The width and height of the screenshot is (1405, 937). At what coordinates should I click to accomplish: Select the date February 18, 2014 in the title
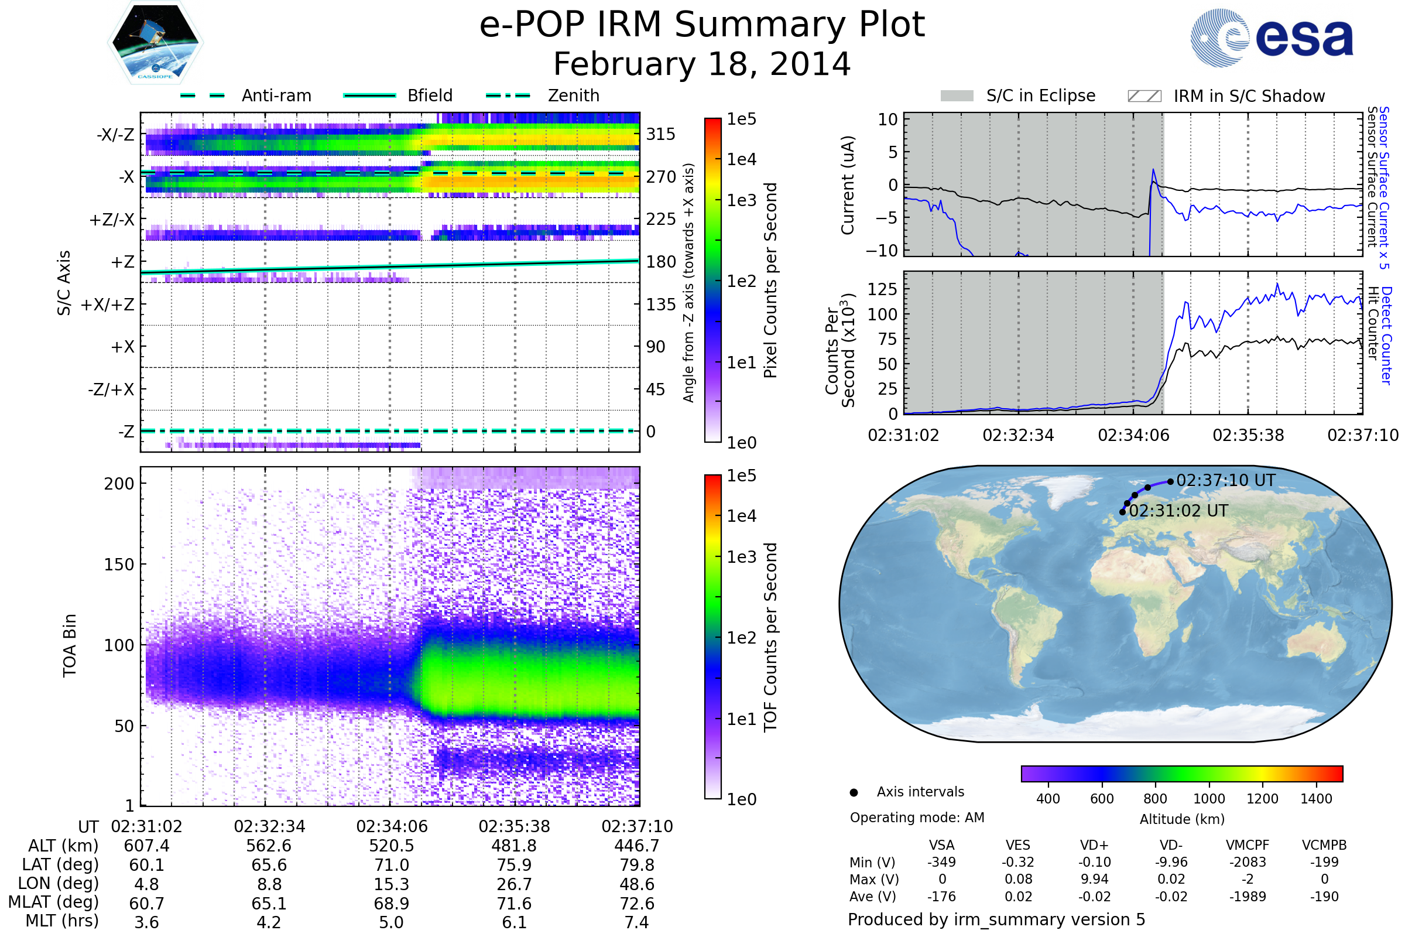point(702,64)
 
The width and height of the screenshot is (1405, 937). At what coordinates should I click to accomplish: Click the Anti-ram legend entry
point(276,95)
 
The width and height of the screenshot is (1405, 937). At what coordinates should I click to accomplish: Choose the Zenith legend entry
point(574,95)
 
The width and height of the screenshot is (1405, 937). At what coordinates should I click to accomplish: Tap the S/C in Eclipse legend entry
point(1041,95)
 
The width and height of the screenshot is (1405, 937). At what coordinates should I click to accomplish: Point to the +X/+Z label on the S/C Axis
point(108,305)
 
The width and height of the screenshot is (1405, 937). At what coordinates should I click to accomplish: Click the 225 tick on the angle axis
point(661,219)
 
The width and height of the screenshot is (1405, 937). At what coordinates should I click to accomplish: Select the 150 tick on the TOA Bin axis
point(119,565)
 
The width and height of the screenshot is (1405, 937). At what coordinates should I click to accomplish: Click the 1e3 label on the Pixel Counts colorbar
point(741,200)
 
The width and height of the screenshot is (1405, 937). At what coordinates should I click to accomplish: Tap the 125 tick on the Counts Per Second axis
point(882,289)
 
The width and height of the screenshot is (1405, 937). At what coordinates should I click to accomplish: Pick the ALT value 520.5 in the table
point(391,846)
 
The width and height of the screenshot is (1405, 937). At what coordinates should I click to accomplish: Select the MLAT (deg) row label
point(53,903)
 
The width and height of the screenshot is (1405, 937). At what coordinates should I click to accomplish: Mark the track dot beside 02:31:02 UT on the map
point(1122,512)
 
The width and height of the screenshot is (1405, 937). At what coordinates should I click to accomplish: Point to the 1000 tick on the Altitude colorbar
point(1208,799)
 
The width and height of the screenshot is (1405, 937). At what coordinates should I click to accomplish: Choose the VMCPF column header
point(1248,846)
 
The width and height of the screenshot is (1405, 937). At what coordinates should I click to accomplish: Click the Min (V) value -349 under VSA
point(941,862)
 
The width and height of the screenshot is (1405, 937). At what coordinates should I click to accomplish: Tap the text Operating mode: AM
point(917,818)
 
